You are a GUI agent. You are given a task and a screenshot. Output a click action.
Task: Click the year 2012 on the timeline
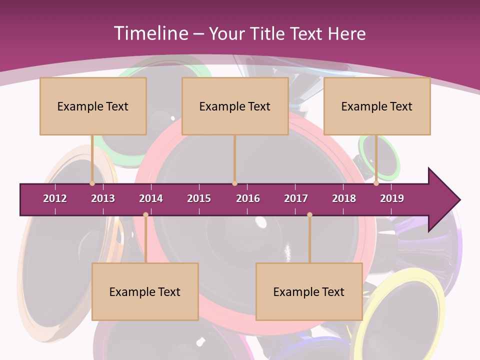55,198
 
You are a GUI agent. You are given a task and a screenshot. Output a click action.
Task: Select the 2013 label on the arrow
103,198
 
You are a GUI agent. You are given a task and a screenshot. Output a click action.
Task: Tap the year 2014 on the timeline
151,198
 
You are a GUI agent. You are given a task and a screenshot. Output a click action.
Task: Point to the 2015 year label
199,198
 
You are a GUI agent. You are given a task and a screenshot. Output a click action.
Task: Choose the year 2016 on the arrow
248,198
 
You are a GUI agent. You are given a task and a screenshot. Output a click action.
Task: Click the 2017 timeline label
296,198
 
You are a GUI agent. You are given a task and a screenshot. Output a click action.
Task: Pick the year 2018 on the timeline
344,198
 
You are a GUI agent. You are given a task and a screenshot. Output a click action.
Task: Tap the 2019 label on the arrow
392,198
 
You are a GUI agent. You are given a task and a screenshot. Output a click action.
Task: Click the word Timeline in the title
150,33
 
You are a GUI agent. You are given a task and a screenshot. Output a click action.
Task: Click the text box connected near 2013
93,106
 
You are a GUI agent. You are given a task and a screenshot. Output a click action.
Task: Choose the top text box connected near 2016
235,106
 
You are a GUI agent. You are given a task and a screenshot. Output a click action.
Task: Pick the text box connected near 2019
377,106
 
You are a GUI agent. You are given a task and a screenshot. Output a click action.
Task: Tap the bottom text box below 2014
145,291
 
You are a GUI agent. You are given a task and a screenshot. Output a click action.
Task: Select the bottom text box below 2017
309,291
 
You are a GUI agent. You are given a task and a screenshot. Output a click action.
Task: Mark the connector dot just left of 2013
92,183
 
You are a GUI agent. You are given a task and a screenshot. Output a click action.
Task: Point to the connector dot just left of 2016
234,183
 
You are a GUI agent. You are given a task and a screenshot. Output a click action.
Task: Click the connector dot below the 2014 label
145,215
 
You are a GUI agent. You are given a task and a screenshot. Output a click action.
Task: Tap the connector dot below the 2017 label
309,215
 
